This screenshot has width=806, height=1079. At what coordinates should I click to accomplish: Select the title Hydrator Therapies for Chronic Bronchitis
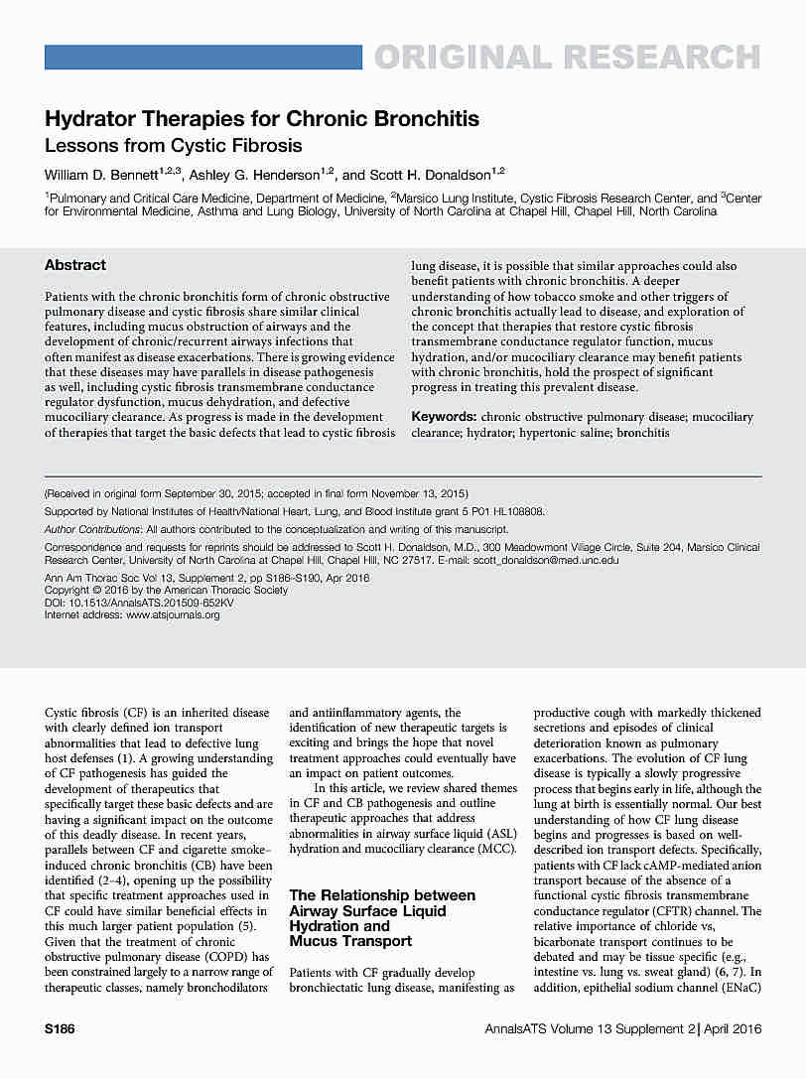pos(262,120)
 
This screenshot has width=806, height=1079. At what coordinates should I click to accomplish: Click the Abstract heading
pos(75,265)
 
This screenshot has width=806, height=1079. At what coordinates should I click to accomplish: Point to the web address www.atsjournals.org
pos(173,614)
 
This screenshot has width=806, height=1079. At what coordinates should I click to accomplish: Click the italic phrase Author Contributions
pos(93,529)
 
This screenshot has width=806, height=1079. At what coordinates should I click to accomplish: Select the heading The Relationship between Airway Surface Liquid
pos(382,903)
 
